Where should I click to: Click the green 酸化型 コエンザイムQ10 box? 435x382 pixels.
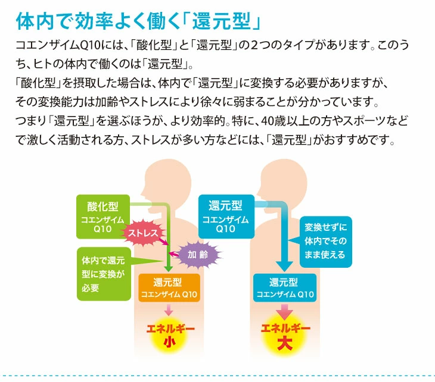pos(102,217)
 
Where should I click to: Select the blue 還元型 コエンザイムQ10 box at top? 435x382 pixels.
pos(225,217)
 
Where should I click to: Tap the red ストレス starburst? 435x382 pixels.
pos(144,233)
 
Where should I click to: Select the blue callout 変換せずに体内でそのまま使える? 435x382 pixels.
pos(325,240)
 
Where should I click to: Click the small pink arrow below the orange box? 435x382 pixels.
pos(168,309)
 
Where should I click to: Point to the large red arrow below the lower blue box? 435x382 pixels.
pos(284,311)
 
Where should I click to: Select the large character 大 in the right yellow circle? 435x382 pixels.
pos(284,343)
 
